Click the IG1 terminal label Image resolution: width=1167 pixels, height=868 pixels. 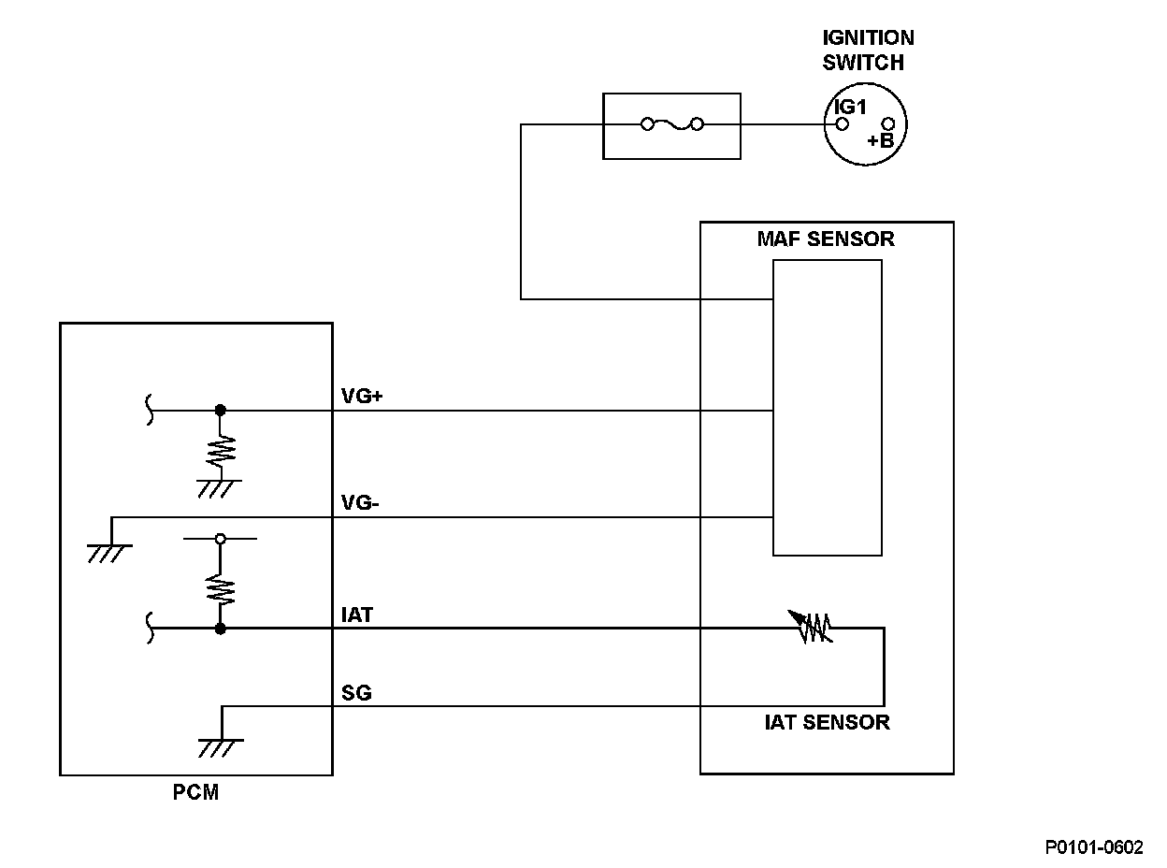(x=850, y=107)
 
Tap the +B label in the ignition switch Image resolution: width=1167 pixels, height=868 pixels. (x=881, y=140)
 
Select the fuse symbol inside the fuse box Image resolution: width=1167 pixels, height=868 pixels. (x=672, y=124)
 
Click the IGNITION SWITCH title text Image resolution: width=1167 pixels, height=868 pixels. (x=868, y=50)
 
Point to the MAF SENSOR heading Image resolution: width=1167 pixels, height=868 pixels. (x=826, y=239)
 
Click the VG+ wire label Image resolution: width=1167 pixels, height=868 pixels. (x=362, y=396)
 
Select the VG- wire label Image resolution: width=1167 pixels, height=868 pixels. (x=360, y=502)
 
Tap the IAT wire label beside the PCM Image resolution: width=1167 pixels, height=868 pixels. (x=357, y=615)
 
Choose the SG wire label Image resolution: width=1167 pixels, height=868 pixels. (x=356, y=693)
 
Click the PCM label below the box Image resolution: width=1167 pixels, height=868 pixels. (x=195, y=792)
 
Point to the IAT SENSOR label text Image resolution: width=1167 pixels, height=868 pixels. (x=828, y=722)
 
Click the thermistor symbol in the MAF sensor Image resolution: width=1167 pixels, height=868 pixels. (x=811, y=627)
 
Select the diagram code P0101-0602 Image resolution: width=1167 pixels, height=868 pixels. (x=1094, y=846)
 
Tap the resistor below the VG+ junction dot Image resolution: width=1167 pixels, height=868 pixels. (x=221, y=452)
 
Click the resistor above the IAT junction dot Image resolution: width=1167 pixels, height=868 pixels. (x=221, y=589)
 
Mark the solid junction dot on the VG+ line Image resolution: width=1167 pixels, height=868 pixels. (x=221, y=410)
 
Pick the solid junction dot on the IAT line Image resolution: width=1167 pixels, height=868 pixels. (x=221, y=629)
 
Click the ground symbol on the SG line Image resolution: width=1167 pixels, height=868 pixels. (x=221, y=747)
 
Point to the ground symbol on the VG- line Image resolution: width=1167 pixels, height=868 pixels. (x=109, y=554)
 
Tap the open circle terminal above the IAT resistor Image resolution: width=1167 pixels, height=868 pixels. (x=221, y=539)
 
